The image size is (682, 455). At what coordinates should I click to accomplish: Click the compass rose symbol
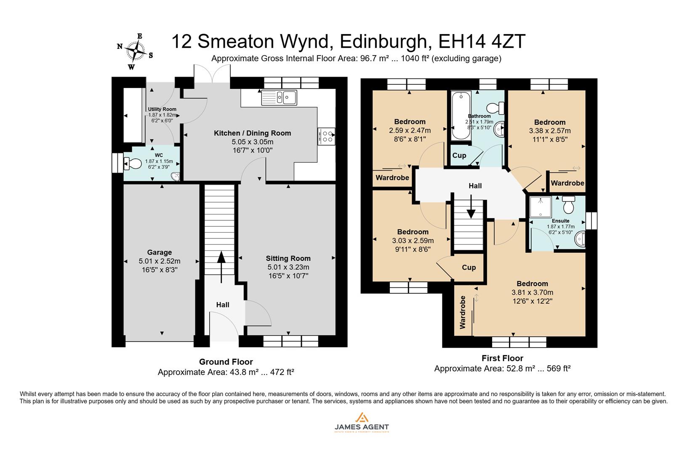[x=136, y=51]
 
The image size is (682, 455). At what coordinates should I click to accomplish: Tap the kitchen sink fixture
[x=279, y=98]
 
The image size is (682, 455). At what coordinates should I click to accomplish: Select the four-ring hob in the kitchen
[x=327, y=136]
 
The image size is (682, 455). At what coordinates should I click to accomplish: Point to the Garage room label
[x=159, y=252]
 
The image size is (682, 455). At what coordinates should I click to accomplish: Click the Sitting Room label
[x=288, y=258]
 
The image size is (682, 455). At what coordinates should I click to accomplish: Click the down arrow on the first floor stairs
[x=471, y=209]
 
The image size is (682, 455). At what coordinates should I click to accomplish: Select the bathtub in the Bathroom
[x=460, y=116]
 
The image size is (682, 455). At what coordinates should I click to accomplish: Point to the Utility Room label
[x=162, y=109]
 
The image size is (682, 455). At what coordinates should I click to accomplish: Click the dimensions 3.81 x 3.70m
[x=532, y=292]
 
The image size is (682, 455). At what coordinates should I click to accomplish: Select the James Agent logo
[x=362, y=422]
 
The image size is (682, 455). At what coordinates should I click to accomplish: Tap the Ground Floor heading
[x=226, y=362]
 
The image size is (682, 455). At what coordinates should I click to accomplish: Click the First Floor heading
[x=502, y=358]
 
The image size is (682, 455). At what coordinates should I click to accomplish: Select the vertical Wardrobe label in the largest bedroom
[x=463, y=312]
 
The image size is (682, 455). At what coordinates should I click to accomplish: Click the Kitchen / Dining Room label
[x=252, y=133]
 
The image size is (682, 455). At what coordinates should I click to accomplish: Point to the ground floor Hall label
[x=223, y=305]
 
